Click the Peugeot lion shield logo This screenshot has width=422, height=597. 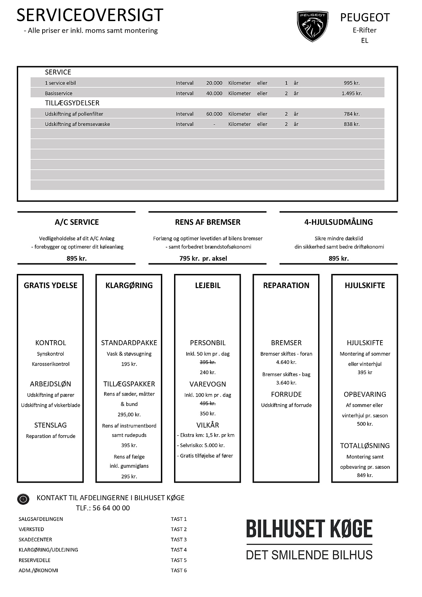[x=312, y=26]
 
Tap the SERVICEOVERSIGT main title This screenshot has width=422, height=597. [x=90, y=15]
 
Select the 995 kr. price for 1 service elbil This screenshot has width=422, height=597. [x=351, y=83]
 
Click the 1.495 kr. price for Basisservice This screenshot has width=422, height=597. [x=351, y=93]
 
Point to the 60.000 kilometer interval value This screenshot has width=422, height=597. [x=214, y=114]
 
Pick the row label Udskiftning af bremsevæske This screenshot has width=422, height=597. [x=77, y=124]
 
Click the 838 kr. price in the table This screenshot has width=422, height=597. [x=351, y=124]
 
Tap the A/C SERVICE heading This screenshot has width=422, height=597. [x=77, y=222]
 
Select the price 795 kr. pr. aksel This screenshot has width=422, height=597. [x=203, y=258]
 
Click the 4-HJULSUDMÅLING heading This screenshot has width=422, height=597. [x=339, y=222]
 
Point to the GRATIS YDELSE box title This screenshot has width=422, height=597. [x=50, y=285]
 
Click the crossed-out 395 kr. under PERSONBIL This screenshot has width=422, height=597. [x=208, y=362]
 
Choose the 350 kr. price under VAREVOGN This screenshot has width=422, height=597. [x=208, y=414]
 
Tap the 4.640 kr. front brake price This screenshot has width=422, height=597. [x=286, y=362]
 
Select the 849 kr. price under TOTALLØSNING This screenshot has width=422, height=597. [x=365, y=475]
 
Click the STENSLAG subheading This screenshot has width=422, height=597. [x=50, y=425]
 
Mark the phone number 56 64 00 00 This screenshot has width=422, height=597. [x=111, y=508]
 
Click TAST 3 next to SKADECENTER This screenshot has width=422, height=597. [x=179, y=540]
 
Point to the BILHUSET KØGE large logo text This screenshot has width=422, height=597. [x=309, y=529]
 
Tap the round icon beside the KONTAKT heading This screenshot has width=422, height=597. [x=23, y=499]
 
